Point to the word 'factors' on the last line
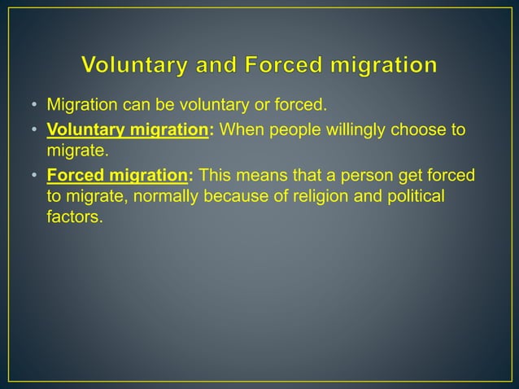tap(74, 217)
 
